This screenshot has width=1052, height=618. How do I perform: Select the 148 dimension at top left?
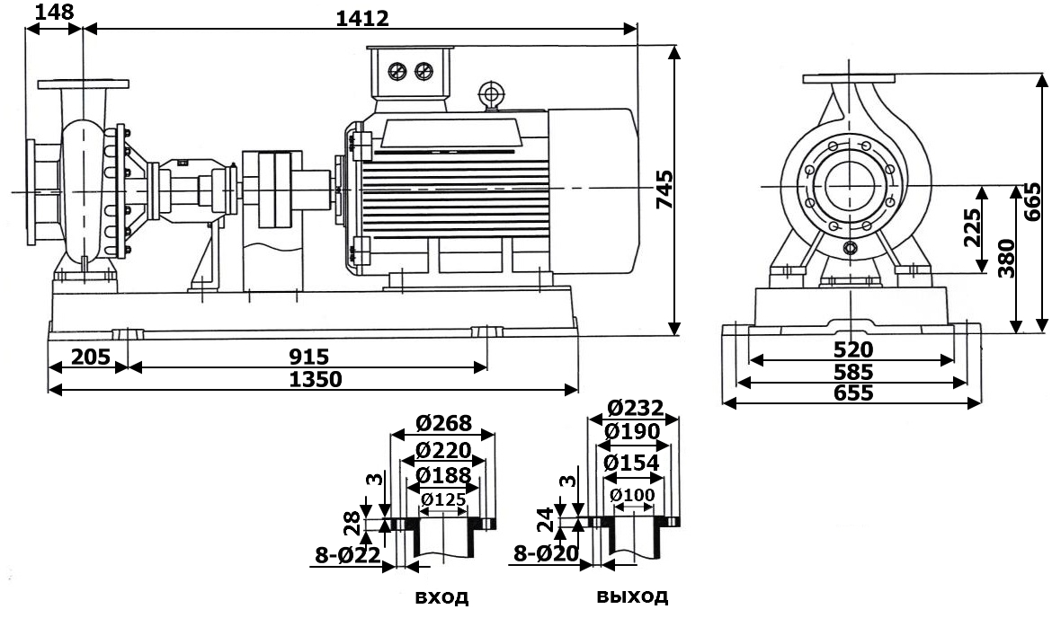point(55,12)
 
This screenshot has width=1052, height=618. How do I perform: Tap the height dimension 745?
point(664,190)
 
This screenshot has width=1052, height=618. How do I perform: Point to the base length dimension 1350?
point(316,379)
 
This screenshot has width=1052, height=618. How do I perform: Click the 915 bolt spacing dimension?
point(304,357)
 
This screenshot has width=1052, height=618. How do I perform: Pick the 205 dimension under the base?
point(80,357)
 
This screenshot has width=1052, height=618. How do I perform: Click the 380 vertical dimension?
point(1007,258)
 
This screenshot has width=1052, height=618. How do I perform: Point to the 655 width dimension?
point(851,393)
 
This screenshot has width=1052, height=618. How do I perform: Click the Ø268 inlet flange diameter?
point(443,423)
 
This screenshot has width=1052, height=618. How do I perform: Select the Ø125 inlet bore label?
point(443,499)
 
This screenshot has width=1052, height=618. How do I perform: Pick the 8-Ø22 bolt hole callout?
point(346,555)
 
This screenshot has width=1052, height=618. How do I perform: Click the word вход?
point(441,597)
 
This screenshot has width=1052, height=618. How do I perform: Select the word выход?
point(632,596)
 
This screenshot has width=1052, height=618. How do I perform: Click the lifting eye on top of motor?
point(490,93)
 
